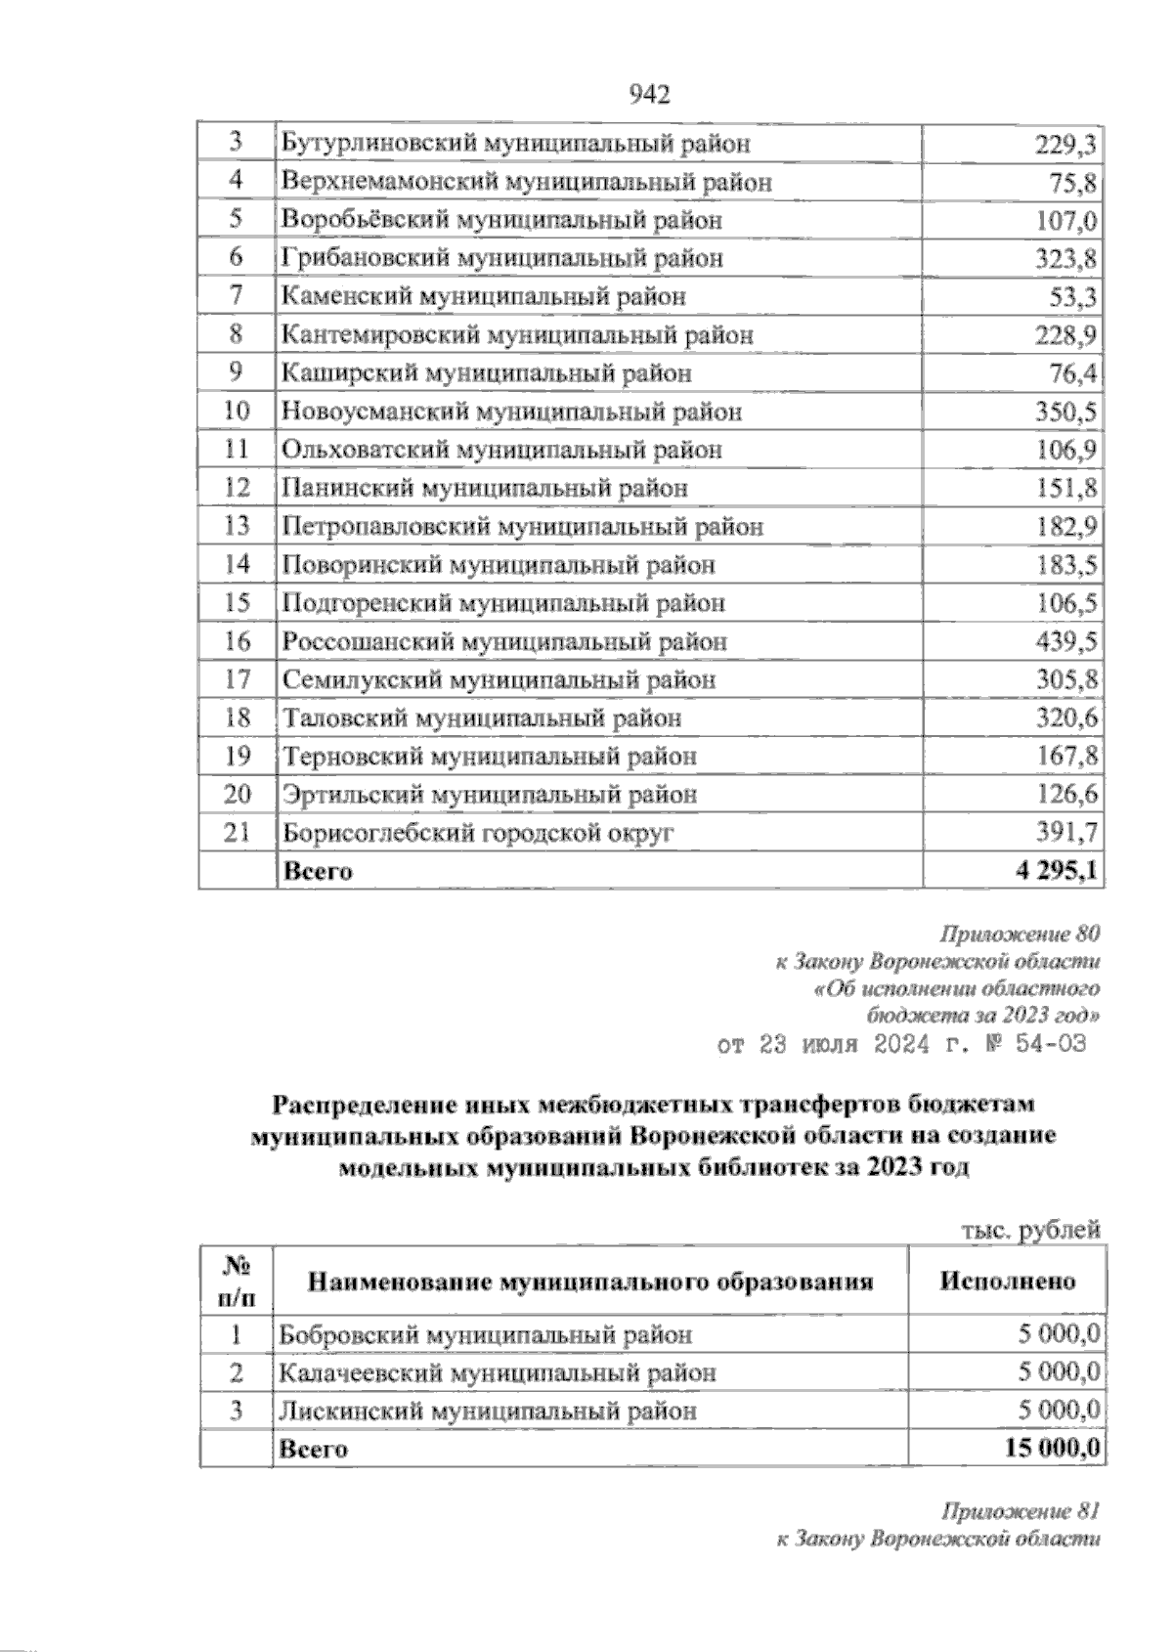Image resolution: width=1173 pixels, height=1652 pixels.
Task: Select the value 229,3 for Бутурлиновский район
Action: [x=1065, y=145]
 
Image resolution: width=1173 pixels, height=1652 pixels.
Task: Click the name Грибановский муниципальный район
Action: [x=502, y=259]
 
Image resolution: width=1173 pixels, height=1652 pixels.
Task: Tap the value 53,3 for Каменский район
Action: [x=1072, y=297]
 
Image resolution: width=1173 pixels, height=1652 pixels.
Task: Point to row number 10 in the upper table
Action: [x=237, y=412]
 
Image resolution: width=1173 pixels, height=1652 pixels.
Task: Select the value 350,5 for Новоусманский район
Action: [x=1065, y=413]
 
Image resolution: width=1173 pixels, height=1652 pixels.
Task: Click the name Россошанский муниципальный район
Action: [x=504, y=642]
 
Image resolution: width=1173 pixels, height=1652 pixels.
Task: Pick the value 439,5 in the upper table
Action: [x=1065, y=642]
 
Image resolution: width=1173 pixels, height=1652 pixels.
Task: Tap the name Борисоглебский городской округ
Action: [x=478, y=834]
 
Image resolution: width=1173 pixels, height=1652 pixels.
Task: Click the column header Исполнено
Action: [x=1008, y=1282]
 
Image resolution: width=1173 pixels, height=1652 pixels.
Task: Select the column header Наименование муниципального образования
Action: [x=590, y=1282]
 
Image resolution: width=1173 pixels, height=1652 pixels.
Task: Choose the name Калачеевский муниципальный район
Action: [x=498, y=1373]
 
